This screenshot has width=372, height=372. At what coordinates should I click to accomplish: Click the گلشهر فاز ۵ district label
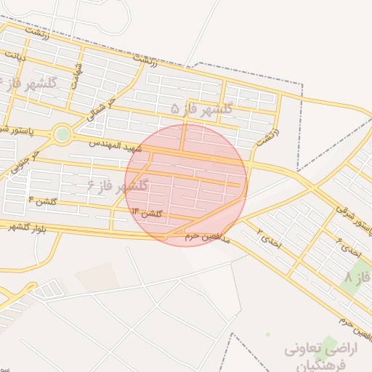click(201, 108)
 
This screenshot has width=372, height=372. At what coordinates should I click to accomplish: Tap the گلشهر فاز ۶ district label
click(117, 185)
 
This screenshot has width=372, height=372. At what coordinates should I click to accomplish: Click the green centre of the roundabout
click(62, 134)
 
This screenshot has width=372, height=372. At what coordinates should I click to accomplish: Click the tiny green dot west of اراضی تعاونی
click(267, 334)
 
